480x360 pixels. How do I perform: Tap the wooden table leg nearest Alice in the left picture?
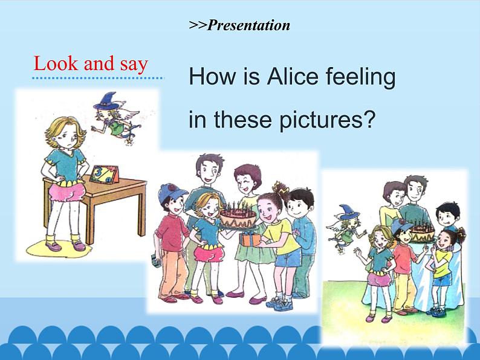pos(88,223)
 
